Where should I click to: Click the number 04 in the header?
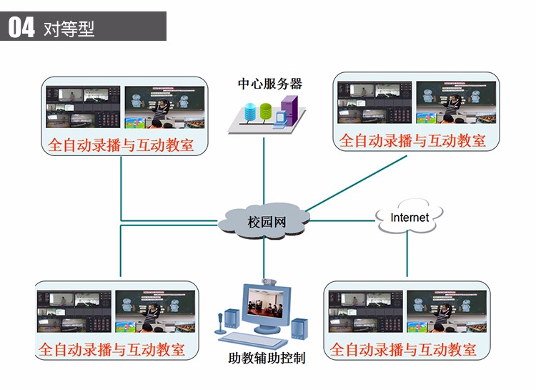(21, 27)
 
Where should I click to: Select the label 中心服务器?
(270, 84)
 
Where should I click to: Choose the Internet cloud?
(410, 217)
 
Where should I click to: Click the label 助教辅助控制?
(267, 358)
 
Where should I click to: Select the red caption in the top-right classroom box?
(412, 140)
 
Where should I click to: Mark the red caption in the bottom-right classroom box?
(403, 350)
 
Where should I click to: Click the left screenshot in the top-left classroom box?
(83, 107)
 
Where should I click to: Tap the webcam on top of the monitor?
(269, 282)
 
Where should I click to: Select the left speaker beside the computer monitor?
(231, 323)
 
